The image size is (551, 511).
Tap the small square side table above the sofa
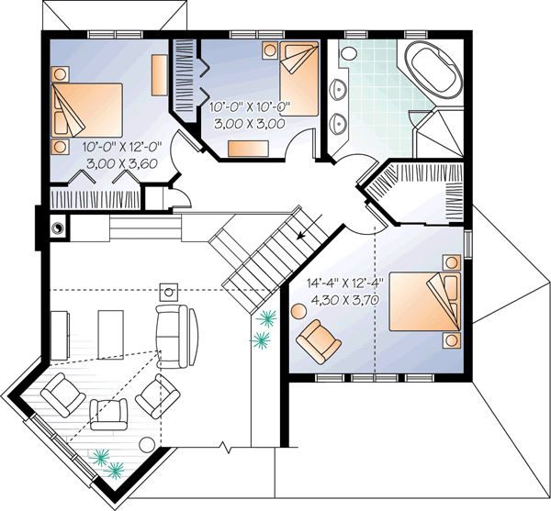pyautogui.click(x=169, y=291)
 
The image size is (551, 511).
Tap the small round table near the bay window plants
pyautogui.click(x=145, y=444)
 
